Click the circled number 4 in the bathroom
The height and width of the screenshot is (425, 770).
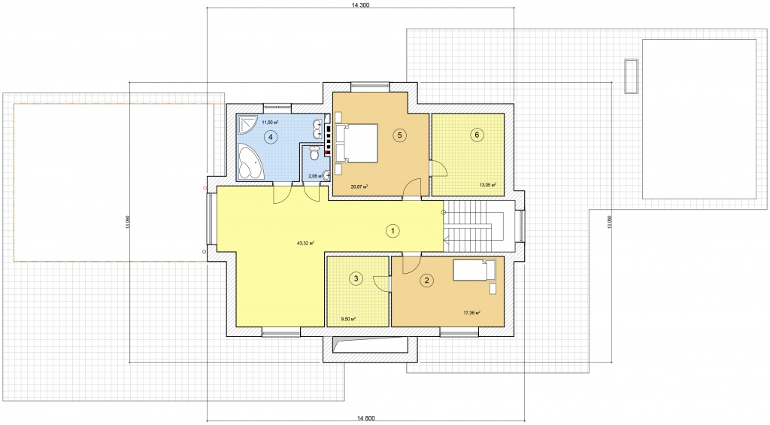tap(270, 137)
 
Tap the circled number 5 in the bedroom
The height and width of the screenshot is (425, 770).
tap(400, 135)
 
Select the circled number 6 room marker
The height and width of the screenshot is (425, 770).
tap(476, 135)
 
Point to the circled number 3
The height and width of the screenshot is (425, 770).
tap(356, 279)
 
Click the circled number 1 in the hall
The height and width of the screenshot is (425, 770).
tap(393, 230)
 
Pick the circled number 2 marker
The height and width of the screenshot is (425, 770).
tap(426, 281)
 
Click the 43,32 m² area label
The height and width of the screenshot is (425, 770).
tap(305, 243)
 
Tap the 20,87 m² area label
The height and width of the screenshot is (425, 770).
tap(359, 187)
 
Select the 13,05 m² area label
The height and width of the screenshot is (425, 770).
tap(487, 185)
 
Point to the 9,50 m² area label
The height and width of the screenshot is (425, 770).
tap(348, 319)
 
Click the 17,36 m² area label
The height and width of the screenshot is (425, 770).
tap(471, 312)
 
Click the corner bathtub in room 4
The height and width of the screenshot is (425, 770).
tap(251, 162)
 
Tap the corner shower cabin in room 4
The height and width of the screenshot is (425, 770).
tap(247, 124)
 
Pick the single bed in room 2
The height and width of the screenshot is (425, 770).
tap(474, 270)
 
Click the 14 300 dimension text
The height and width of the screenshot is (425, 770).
tap(360, 5)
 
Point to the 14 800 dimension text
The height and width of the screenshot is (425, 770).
tap(366, 418)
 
